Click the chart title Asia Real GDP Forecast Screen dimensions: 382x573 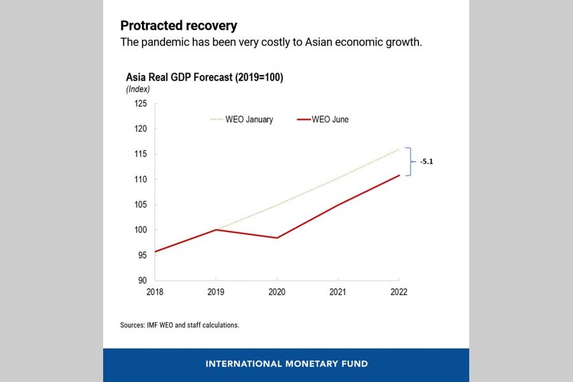tap(204, 77)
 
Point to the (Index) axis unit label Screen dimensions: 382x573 tap(138, 89)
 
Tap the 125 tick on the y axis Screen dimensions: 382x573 tap(140, 103)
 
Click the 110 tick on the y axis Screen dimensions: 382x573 tap(140, 179)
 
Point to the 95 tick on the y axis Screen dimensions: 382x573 tap(142, 255)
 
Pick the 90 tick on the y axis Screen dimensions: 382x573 tap(142, 280)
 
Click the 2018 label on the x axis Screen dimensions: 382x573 tap(155, 292)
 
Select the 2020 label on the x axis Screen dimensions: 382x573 tap(277, 292)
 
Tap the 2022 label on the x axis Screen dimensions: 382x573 tap(399, 292)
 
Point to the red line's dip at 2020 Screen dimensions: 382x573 tap(277, 237)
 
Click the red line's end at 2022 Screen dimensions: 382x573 tap(399, 175)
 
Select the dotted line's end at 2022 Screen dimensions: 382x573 tap(399, 149)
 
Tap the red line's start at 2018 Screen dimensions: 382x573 tap(155, 251)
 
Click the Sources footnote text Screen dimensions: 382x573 tap(180, 325)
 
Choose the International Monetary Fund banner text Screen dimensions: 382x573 tap(286, 364)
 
